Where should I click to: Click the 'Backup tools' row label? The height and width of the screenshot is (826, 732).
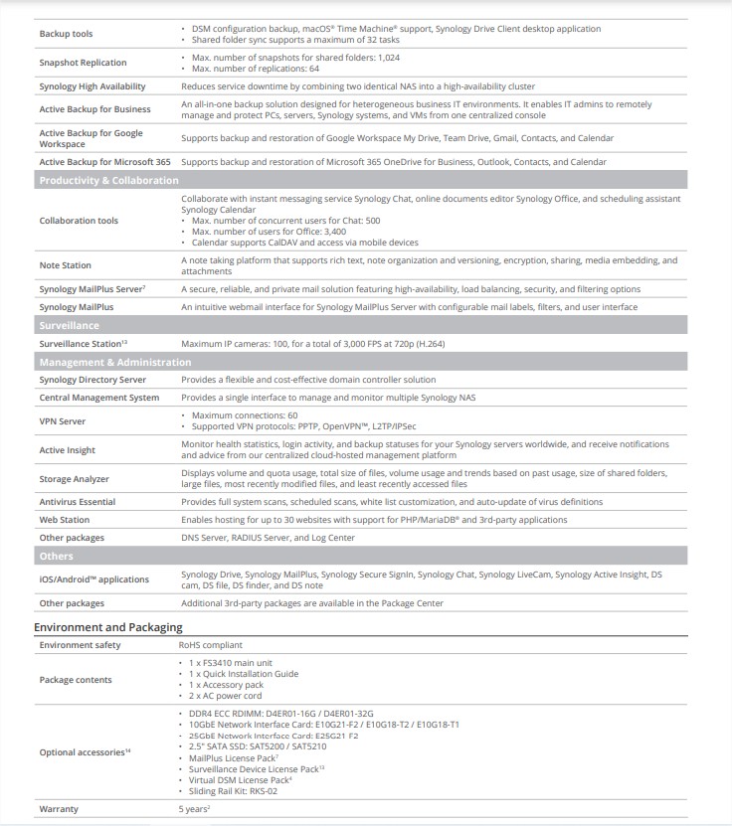pyautogui.click(x=67, y=34)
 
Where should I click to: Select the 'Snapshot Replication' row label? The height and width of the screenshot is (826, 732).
pyautogui.click(x=83, y=63)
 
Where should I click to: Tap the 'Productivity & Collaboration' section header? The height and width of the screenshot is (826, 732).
pyautogui.click(x=108, y=180)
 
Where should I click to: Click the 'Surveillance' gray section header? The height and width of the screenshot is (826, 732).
pyautogui.click(x=69, y=325)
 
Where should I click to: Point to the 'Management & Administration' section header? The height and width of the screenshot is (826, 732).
pyautogui.click(x=114, y=362)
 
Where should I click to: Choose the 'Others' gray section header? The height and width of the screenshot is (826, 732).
pyautogui.click(x=56, y=556)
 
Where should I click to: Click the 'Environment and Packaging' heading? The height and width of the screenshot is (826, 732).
pyautogui.click(x=107, y=627)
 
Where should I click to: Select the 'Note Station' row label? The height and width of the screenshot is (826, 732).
pyautogui.click(x=65, y=265)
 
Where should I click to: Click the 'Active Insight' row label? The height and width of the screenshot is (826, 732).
pyautogui.click(x=68, y=450)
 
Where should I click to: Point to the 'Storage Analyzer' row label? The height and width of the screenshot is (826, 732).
pyautogui.click(x=74, y=479)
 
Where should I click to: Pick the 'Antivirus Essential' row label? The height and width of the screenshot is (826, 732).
pyautogui.click(x=78, y=502)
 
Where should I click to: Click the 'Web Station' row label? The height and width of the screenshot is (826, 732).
pyautogui.click(x=65, y=519)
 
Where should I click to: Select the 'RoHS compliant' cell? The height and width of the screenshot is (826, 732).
pyautogui.click(x=211, y=645)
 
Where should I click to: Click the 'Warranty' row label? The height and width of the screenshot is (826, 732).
pyautogui.click(x=59, y=809)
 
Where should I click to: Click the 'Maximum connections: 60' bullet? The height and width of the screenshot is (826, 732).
pyautogui.click(x=244, y=414)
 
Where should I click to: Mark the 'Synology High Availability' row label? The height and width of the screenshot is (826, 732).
pyautogui.click(x=92, y=86)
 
